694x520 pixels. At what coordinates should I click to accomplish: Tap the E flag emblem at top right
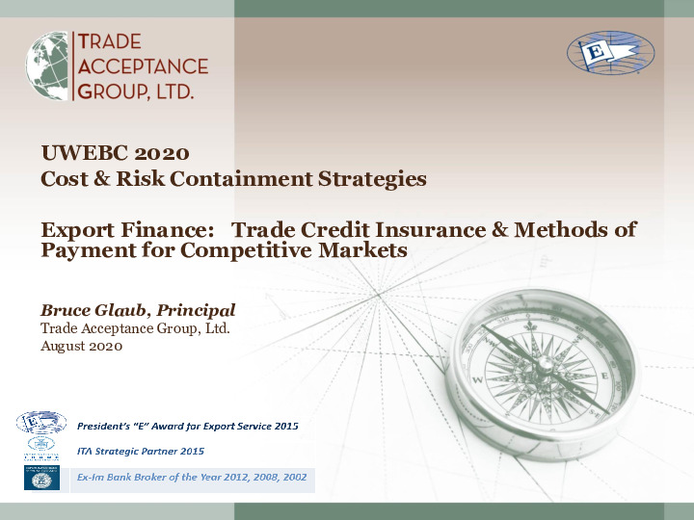pyautogui.click(x=610, y=53)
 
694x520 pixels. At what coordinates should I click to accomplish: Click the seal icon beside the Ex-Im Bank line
pyautogui.click(x=41, y=479)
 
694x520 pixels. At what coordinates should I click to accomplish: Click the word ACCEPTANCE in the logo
pyautogui.click(x=142, y=66)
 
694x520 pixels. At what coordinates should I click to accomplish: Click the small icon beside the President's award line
pyautogui.click(x=41, y=422)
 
